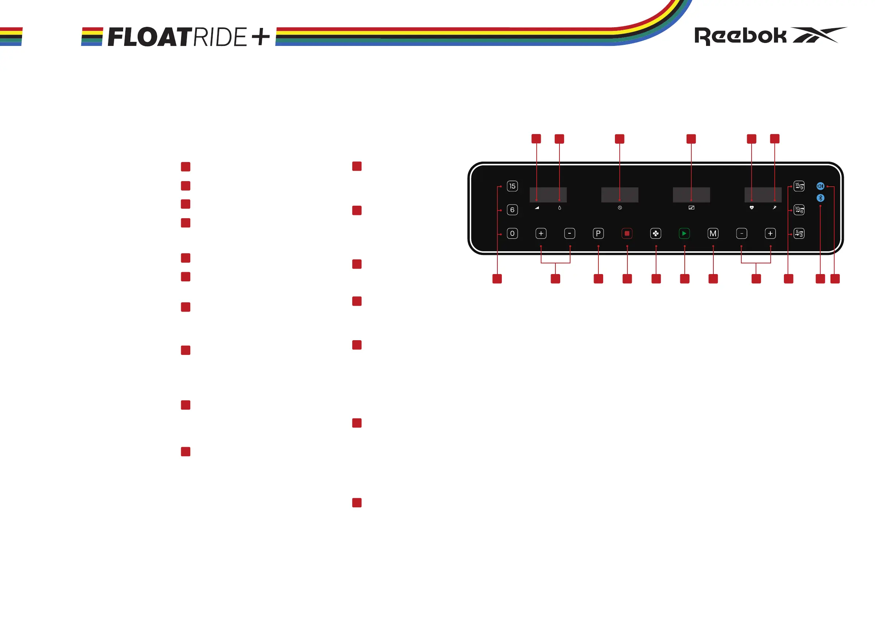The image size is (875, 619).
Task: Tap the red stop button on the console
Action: pyautogui.click(x=627, y=233)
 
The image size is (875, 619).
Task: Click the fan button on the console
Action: pyautogui.click(x=655, y=233)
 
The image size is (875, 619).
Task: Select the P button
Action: pyautogui.click(x=598, y=233)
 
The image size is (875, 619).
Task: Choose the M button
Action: pyautogui.click(x=713, y=233)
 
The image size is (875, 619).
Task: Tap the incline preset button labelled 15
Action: pyautogui.click(x=512, y=186)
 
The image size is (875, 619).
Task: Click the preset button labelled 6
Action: pyautogui.click(x=512, y=210)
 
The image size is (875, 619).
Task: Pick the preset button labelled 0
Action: pyautogui.click(x=512, y=233)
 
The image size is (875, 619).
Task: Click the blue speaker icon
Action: pyautogui.click(x=821, y=186)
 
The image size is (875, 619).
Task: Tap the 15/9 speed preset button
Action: pyautogui.click(x=799, y=186)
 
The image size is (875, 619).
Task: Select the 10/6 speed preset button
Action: pyautogui.click(x=799, y=210)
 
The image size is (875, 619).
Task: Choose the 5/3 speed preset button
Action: pyautogui.click(x=799, y=233)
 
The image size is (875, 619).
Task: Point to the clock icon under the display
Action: pyautogui.click(x=620, y=208)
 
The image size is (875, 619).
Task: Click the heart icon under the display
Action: pyautogui.click(x=752, y=208)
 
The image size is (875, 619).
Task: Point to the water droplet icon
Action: pyautogui.click(x=559, y=208)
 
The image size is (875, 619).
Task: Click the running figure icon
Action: pyautogui.click(x=774, y=208)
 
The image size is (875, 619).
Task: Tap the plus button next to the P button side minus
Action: pyautogui.click(x=541, y=233)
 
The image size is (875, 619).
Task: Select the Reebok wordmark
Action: pyautogui.click(x=741, y=36)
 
